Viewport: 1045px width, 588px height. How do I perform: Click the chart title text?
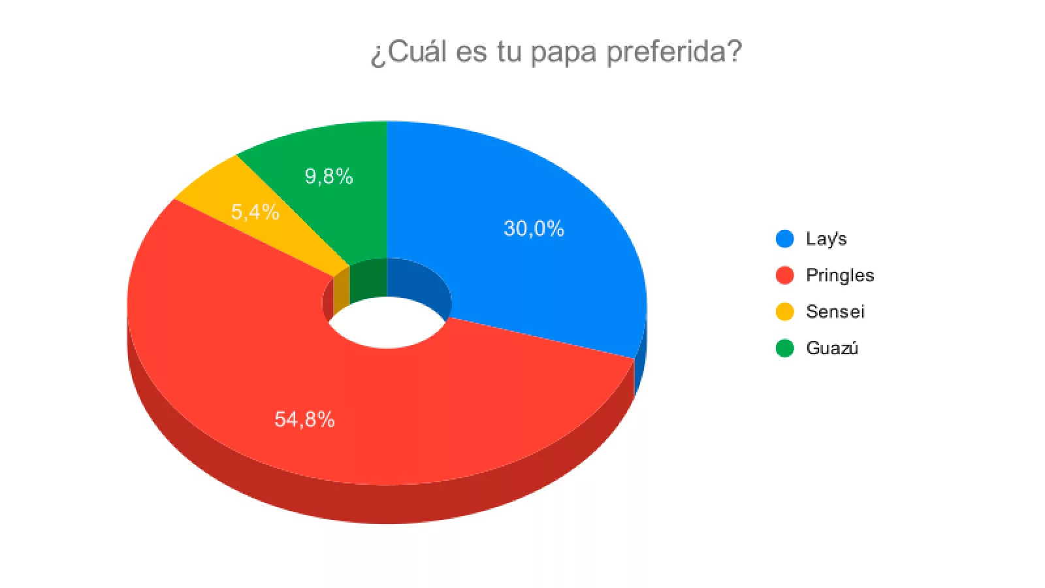pos(556,51)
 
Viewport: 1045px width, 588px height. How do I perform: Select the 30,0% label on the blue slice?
pos(534,229)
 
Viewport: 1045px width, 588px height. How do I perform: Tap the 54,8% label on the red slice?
pos(304,419)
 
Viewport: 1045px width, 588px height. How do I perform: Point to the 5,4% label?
pos(255,212)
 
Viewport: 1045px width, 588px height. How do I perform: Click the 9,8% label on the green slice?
pos(329,176)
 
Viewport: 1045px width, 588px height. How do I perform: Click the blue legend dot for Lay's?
pos(784,239)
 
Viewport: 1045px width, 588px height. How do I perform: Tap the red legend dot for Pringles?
pos(784,276)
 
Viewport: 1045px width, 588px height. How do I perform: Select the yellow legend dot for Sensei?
pos(784,312)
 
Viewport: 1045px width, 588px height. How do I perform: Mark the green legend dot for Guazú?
pos(784,348)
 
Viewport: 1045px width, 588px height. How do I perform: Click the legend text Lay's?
pos(826,239)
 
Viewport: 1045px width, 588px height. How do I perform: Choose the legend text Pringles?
pos(840,276)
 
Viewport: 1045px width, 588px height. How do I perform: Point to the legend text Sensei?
pos(835,312)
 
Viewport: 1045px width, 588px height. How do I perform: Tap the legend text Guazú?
pos(832,348)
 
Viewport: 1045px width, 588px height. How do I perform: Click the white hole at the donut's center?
pos(387,323)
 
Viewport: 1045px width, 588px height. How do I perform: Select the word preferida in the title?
pos(673,51)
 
